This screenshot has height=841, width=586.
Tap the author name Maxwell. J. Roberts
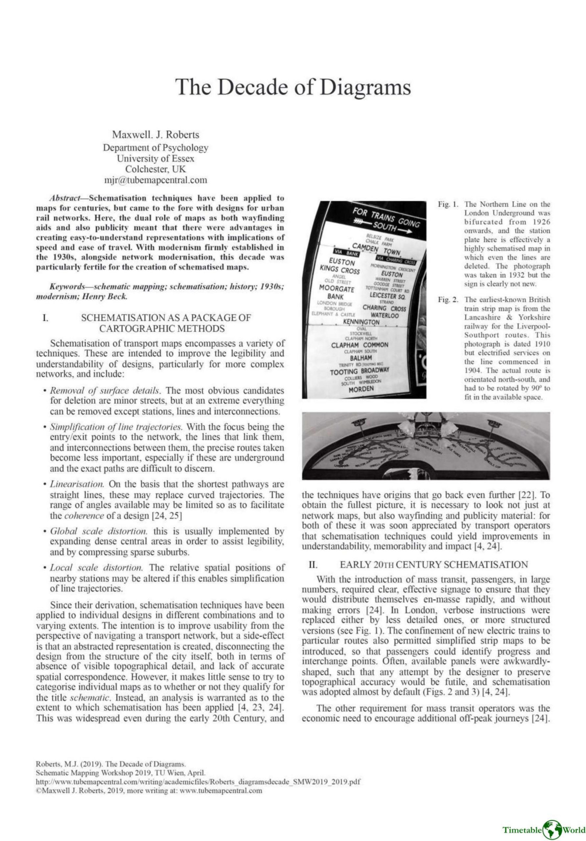point(155,135)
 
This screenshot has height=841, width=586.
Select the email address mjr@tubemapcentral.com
point(155,180)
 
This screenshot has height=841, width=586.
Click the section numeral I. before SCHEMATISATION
point(45,318)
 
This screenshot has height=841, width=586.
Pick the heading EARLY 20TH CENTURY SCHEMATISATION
point(434,564)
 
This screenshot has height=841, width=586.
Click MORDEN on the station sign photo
point(361,388)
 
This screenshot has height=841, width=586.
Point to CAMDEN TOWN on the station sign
point(370,248)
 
